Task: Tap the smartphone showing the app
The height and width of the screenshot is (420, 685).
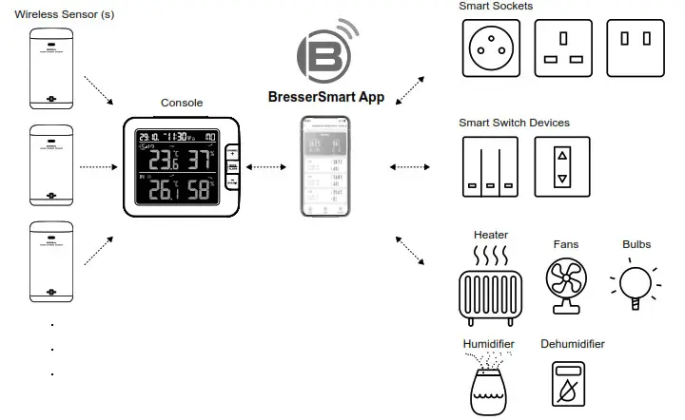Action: click(325, 166)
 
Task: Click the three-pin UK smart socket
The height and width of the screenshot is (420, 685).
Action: click(562, 48)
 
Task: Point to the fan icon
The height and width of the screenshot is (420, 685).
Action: click(565, 283)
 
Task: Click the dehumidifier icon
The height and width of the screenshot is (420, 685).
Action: click(572, 385)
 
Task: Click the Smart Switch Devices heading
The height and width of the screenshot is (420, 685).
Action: click(514, 123)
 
